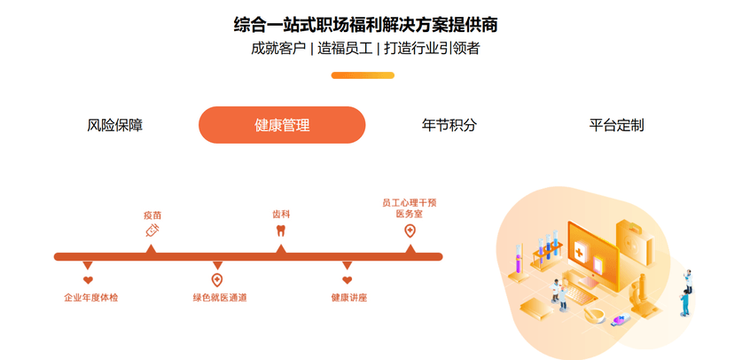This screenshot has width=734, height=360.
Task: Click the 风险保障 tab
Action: click(x=114, y=125)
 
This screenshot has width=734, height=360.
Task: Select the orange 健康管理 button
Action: click(x=282, y=125)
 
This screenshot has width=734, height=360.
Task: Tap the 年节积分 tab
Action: click(x=449, y=125)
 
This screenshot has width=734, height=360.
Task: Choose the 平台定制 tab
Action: click(x=616, y=125)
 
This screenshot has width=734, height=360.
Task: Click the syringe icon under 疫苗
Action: click(x=152, y=230)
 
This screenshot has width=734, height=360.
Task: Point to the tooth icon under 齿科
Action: click(x=281, y=230)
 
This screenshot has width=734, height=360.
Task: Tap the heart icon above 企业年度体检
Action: click(x=88, y=280)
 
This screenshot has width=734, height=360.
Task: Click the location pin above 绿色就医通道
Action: click(x=217, y=280)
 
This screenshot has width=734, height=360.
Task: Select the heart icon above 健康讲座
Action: click(x=347, y=280)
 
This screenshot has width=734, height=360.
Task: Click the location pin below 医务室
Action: click(x=410, y=231)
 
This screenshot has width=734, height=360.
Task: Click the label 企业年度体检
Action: click(x=90, y=298)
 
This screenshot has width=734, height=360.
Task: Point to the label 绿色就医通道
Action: click(x=219, y=298)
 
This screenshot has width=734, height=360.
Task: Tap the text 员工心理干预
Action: click(x=409, y=202)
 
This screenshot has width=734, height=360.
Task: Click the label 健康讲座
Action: click(x=348, y=298)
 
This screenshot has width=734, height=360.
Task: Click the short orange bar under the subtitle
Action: click(x=362, y=75)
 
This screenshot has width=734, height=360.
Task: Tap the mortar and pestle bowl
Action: click(x=596, y=316)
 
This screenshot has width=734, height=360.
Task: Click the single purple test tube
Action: click(x=519, y=263)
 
